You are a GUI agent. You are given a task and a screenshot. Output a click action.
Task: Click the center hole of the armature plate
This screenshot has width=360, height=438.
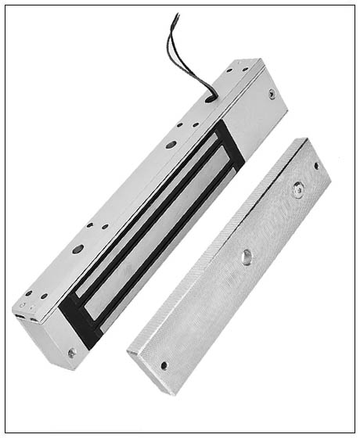pyautogui.click(x=247, y=255)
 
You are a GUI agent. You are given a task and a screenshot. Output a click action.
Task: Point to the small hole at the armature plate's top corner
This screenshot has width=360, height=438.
pyautogui.click(x=317, y=166)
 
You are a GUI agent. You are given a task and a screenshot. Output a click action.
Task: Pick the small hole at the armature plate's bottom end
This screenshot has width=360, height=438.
pyautogui.click(x=164, y=364)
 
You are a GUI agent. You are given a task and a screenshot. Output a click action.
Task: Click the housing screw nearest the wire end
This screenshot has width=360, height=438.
pyautogui.click(x=271, y=93)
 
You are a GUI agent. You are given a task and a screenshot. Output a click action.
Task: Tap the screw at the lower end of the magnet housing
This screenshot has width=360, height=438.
pyautogui.click(x=72, y=353)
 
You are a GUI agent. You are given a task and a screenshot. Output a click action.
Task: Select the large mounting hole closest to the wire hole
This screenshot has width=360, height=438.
pyautogui.click(x=171, y=145)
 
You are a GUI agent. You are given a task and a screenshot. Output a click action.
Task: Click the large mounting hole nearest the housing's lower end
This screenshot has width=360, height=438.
pyautogui.click(x=78, y=250)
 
